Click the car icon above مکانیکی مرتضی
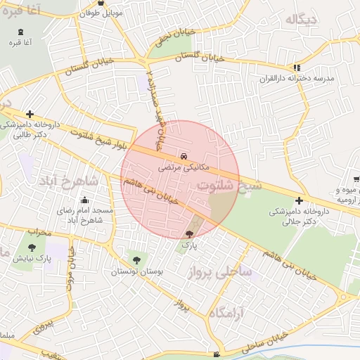(x=184, y=155)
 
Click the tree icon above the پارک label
(x=189, y=234)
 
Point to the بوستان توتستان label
(x=133, y=271)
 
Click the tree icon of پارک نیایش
(x=32, y=247)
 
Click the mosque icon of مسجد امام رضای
(x=84, y=200)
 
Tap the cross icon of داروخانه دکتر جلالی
(x=300, y=200)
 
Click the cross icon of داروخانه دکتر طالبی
(x=29, y=114)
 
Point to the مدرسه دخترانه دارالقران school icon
(x=298, y=67)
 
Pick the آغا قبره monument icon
(x=20, y=31)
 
